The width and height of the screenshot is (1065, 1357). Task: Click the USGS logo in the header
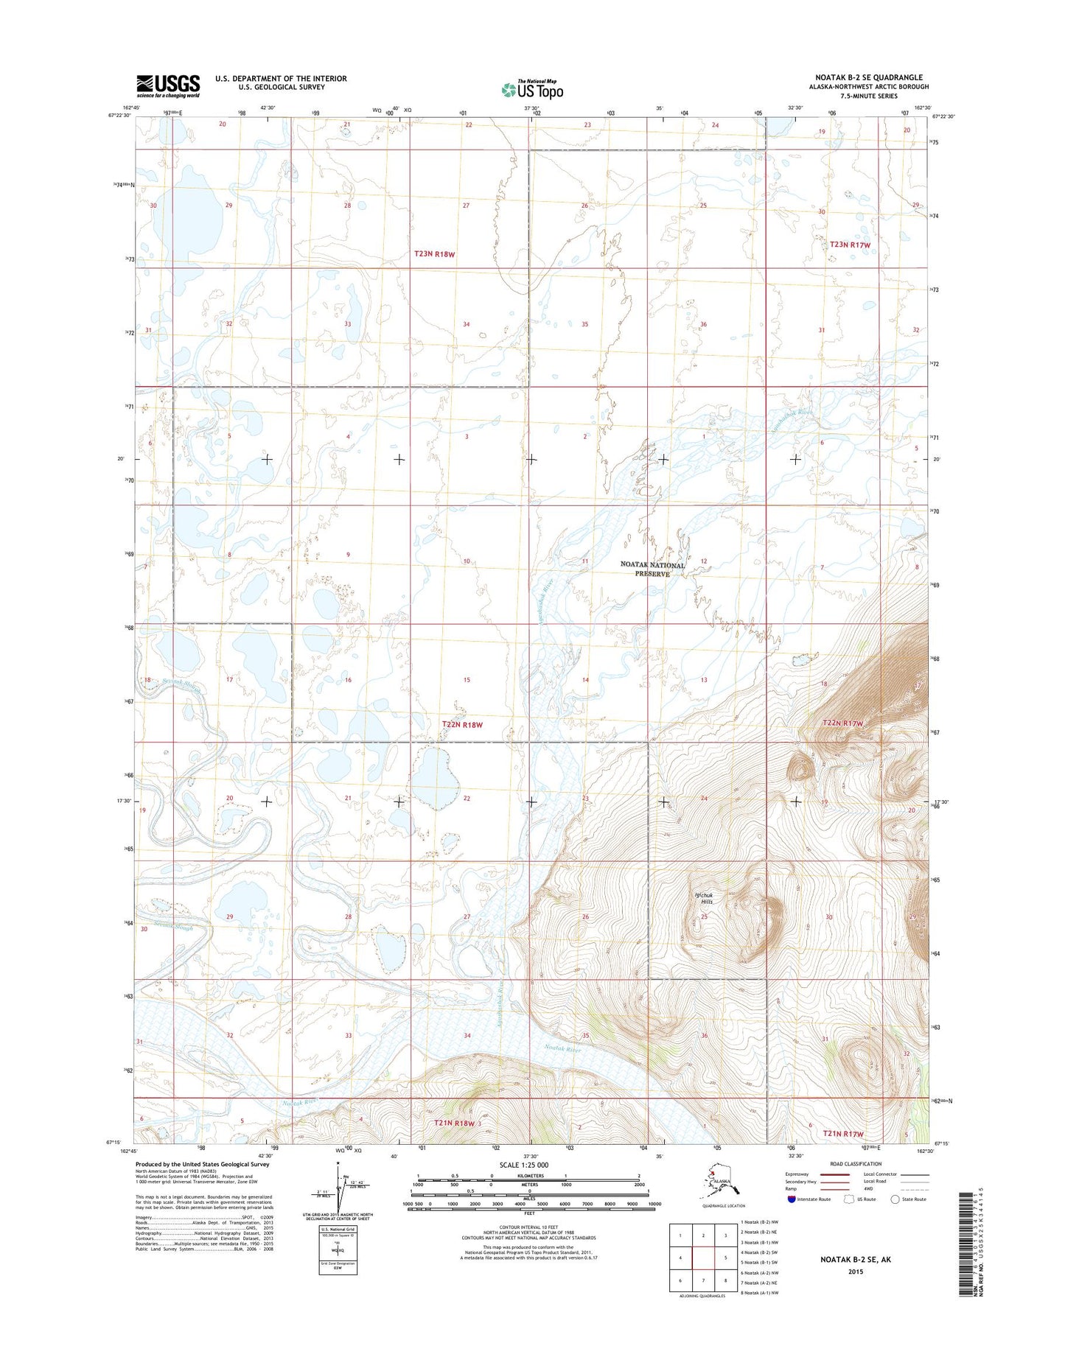(167, 85)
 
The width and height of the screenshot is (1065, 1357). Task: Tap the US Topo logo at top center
(532, 89)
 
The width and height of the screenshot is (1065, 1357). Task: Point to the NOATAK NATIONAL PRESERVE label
(652, 569)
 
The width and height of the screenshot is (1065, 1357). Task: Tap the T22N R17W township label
(842, 723)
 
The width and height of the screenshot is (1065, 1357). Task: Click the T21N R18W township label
(455, 1123)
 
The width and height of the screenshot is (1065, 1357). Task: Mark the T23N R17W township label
(850, 245)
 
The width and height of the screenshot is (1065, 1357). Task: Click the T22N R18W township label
(462, 725)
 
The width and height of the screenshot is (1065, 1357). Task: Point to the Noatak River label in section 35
(562, 1049)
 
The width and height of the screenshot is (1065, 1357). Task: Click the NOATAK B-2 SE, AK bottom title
(855, 1260)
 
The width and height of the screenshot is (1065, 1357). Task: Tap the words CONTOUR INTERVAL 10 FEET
(528, 1227)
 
